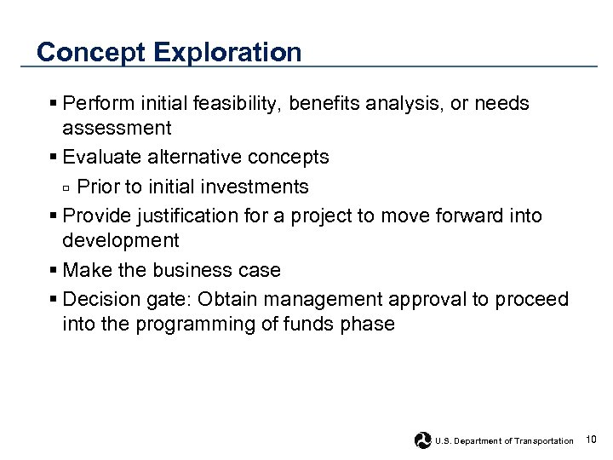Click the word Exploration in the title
[x=227, y=53]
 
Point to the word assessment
[x=117, y=129]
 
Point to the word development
[x=120, y=240]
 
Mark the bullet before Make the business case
[x=54, y=271]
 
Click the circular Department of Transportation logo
[x=422, y=440]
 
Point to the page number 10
[x=592, y=439]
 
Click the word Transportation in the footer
[x=543, y=440]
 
